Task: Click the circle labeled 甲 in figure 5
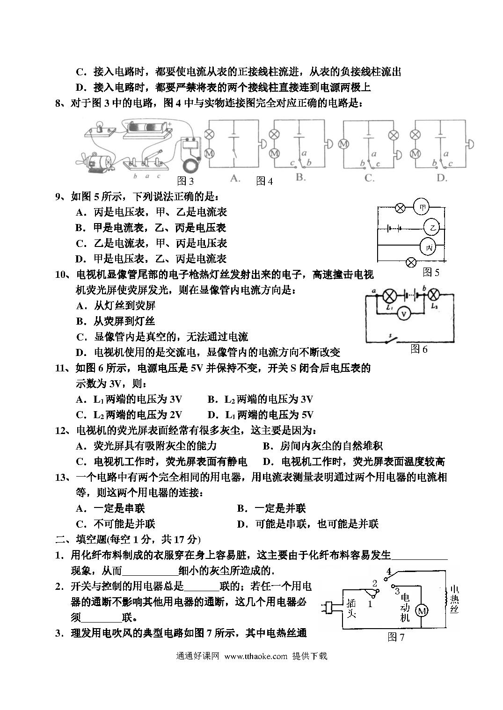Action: click(x=422, y=207)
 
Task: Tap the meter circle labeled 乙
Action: click(x=432, y=228)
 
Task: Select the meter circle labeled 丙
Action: click(x=428, y=247)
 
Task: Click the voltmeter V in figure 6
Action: click(x=403, y=314)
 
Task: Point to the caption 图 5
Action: click(x=431, y=272)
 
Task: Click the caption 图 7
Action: click(x=396, y=637)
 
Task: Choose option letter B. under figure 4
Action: click(x=300, y=177)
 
